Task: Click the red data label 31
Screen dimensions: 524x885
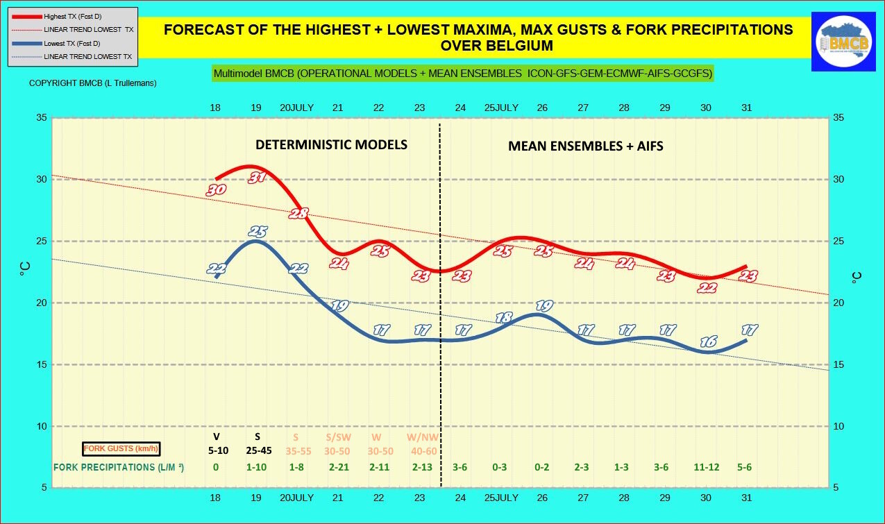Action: tap(258, 178)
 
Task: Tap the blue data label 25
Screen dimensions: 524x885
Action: tap(258, 232)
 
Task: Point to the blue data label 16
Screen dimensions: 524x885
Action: tap(708, 341)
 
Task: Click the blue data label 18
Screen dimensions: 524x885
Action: tap(504, 318)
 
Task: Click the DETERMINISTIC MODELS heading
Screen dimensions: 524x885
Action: tap(331, 144)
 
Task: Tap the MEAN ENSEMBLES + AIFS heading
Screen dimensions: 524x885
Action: tap(585, 146)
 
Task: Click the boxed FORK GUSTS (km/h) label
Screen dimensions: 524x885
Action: tap(121, 449)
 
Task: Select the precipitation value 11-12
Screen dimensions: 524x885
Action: tap(706, 467)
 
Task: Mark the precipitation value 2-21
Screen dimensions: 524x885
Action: tap(338, 467)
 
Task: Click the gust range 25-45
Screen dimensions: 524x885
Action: tap(258, 450)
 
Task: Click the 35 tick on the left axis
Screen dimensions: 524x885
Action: tap(42, 118)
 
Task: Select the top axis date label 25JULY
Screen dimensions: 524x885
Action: tap(501, 108)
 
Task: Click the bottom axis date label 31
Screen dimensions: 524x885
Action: tap(747, 498)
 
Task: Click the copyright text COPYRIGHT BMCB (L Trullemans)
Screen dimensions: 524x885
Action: tap(92, 83)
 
